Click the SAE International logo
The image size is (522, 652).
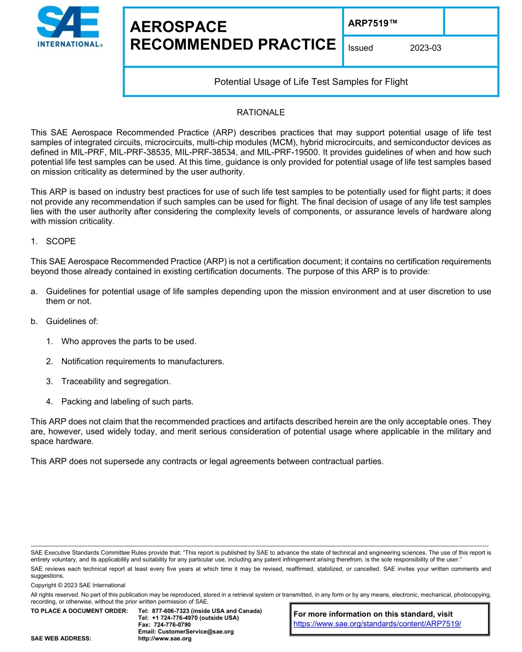(x=69, y=28)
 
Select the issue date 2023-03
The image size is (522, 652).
(x=425, y=48)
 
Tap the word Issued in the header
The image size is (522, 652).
(x=360, y=48)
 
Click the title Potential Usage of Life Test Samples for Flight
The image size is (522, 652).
(x=310, y=82)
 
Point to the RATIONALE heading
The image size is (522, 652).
(x=260, y=112)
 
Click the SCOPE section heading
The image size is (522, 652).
(x=60, y=242)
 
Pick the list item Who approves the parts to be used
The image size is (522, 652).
(x=129, y=341)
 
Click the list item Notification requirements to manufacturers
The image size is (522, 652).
(x=142, y=361)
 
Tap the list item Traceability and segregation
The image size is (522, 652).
(x=116, y=381)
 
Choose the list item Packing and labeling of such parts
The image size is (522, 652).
(x=127, y=402)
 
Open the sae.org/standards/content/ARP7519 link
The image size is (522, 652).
(x=377, y=624)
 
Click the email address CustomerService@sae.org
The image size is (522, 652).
(x=195, y=632)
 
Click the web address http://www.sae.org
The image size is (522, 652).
(x=165, y=639)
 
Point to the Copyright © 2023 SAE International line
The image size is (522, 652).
(x=78, y=585)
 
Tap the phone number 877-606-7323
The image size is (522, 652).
(x=171, y=611)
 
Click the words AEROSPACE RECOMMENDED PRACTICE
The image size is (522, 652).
(x=232, y=36)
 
